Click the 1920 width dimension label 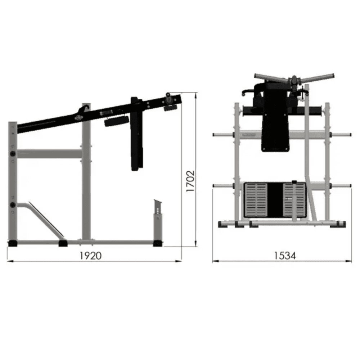coord(90,256)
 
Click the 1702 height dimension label coord(190,181)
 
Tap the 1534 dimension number coord(285,256)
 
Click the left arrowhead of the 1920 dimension coord(10,261)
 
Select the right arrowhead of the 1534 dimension coord(349,261)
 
